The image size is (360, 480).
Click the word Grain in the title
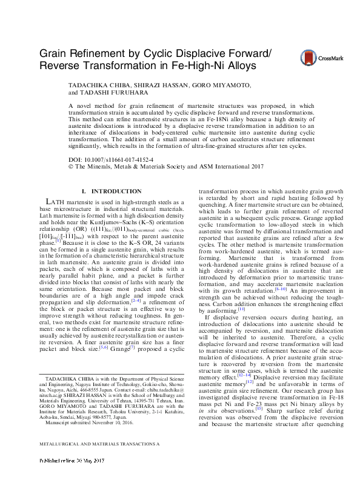click(x=55, y=53)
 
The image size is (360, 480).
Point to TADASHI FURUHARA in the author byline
click(x=112, y=94)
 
